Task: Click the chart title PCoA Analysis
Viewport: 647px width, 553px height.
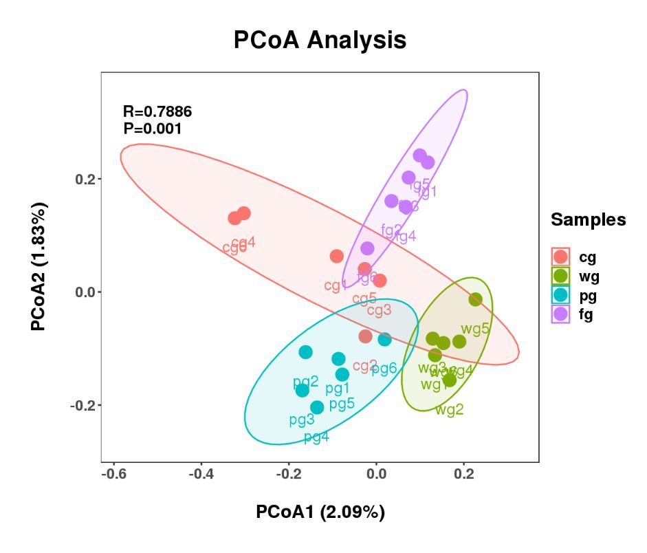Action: coord(320,40)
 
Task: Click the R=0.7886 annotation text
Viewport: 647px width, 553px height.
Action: coord(157,111)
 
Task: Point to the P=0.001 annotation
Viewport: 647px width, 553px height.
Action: coord(152,128)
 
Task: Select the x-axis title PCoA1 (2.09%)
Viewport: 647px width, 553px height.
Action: coord(320,512)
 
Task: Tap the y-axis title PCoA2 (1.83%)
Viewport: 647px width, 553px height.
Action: coord(39,267)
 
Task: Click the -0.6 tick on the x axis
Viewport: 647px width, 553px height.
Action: coord(113,475)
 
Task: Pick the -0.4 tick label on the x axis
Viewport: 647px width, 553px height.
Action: coord(201,475)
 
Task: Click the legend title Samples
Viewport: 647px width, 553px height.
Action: coord(588,220)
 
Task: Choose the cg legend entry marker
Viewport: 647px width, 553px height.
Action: coord(561,257)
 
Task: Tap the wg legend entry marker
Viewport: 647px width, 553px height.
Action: coord(561,276)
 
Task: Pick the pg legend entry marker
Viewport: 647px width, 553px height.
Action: coord(561,296)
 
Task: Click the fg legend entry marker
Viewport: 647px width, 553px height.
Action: coord(561,315)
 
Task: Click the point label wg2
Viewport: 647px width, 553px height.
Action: coord(449,410)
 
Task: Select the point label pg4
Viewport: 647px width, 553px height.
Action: coord(316,437)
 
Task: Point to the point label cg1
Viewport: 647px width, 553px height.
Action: coord(336,285)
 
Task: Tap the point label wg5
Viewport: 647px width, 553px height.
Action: coord(475,328)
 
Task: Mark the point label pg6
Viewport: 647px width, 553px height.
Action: coord(384,369)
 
